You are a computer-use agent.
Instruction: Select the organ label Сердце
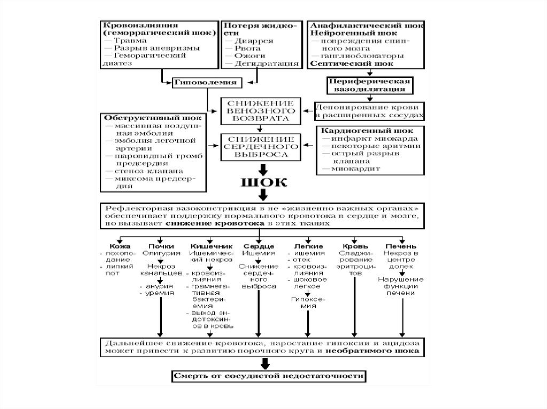coord(259,246)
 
